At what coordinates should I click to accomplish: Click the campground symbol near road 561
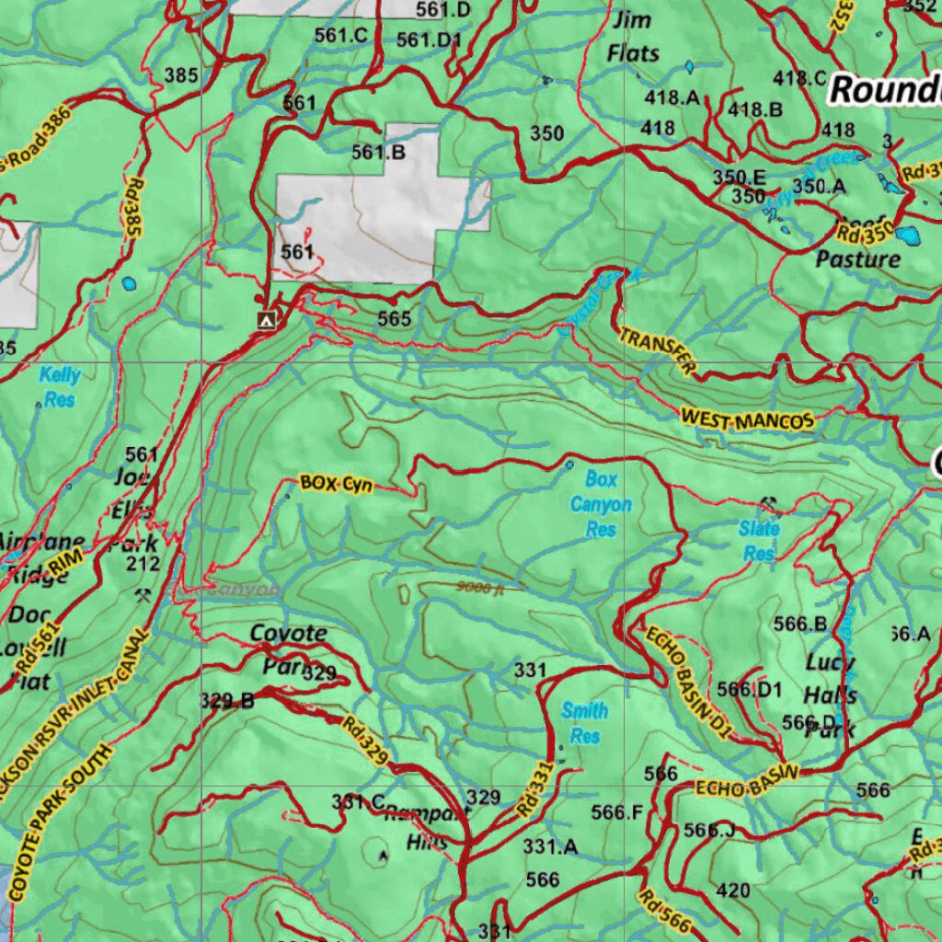coord(267,320)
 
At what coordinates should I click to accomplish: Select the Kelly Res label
coord(60,386)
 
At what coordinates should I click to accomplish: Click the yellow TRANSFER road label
coord(657,350)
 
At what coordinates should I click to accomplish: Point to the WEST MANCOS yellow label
coord(747,420)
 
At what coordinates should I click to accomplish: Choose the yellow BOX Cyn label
coord(337,484)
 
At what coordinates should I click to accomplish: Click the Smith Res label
coord(585,722)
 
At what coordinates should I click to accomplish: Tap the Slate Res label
coord(759,540)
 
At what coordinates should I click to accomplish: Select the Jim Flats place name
coord(633,36)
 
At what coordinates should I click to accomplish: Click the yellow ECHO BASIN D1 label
coord(688,682)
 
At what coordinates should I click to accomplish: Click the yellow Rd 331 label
coord(534,788)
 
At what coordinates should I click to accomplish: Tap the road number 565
coord(394,318)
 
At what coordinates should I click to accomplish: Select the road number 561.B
coord(378,153)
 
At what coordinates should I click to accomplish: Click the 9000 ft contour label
coord(479,587)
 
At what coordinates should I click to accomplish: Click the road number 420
coord(732,890)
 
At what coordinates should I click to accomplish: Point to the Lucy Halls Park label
coord(831,695)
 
